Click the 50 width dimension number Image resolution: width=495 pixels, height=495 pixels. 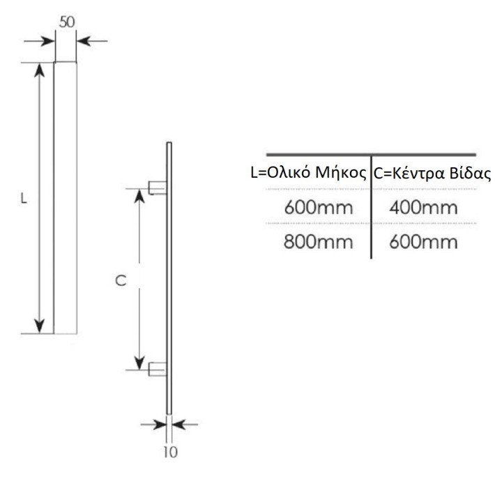67,22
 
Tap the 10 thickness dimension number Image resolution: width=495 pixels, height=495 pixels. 170,452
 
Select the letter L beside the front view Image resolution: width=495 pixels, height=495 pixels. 24,199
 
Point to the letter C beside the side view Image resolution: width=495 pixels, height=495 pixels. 121,280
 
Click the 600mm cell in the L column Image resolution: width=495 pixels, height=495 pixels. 318,208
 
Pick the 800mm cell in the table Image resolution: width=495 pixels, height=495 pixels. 318,242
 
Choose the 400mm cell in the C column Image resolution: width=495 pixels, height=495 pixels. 423,208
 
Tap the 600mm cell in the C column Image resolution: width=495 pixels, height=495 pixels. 423,242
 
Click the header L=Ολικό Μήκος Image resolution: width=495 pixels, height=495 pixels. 309,173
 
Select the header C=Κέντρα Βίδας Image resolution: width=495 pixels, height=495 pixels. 432,174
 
